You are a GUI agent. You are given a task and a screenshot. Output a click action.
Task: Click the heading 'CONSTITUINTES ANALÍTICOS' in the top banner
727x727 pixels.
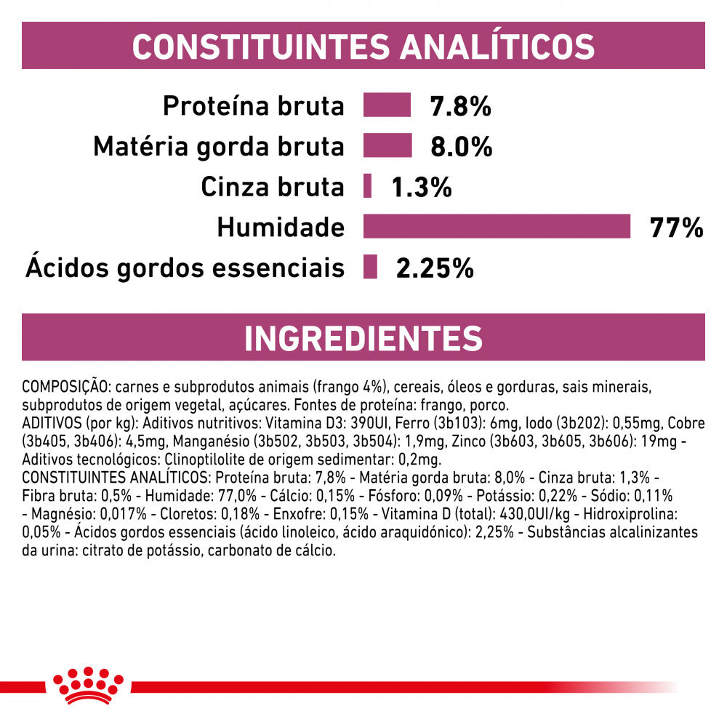pos(363,46)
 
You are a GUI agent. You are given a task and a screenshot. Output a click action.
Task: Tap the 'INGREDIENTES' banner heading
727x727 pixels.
pos(363,338)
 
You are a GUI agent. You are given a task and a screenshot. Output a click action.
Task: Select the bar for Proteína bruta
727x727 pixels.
pos(387,105)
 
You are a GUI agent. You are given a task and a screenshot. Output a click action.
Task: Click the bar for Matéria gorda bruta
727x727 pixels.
pos(387,146)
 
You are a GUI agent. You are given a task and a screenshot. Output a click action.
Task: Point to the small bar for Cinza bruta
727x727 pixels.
pos(368,187)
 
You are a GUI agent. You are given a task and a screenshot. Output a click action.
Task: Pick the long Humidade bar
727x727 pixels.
pos(497,227)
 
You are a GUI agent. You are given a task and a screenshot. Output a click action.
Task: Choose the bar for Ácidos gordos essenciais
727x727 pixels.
pos(371,268)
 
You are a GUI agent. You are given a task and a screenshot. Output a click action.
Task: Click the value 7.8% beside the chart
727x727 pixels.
pos(461,107)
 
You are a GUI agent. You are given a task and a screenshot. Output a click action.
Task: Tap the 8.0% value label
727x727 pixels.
pos(462,148)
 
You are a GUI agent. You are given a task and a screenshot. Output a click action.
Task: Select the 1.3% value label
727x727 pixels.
pos(422,188)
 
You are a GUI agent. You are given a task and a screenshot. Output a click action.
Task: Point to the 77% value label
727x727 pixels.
pos(677,228)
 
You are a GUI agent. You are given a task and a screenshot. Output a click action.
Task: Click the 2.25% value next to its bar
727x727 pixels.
pos(435,269)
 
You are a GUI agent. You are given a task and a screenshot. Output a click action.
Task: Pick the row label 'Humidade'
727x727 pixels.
pos(281,228)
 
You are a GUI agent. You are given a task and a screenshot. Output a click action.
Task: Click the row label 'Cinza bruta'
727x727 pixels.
pos(273,188)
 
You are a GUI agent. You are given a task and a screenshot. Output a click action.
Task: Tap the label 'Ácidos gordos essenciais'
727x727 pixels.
pos(185,269)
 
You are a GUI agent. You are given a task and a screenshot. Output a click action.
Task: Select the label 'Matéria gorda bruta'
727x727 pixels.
pos(218,148)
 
